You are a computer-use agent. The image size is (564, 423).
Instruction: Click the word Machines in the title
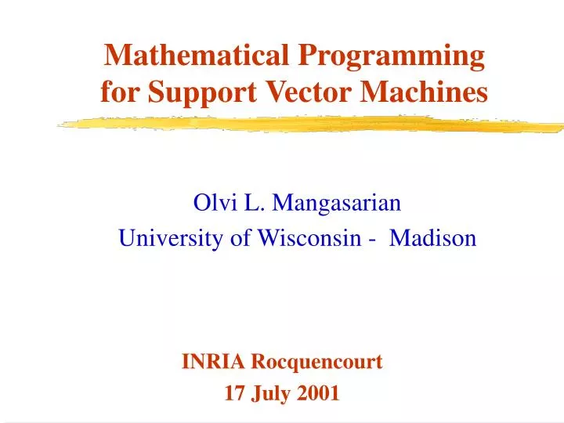[x=424, y=92]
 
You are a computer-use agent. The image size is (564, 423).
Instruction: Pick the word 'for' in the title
[x=117, y=92]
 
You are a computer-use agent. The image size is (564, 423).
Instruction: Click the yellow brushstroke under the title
[x=313, y=124]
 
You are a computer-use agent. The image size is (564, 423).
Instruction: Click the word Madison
[x=432, y=239]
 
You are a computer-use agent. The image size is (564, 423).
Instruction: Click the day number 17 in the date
[x=233, y=393]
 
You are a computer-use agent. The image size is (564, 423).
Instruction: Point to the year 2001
[x=319, y=393]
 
